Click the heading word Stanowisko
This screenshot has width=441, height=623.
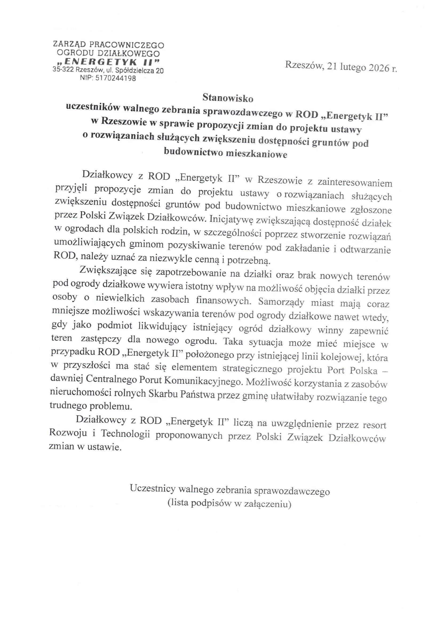coord(228,98)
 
